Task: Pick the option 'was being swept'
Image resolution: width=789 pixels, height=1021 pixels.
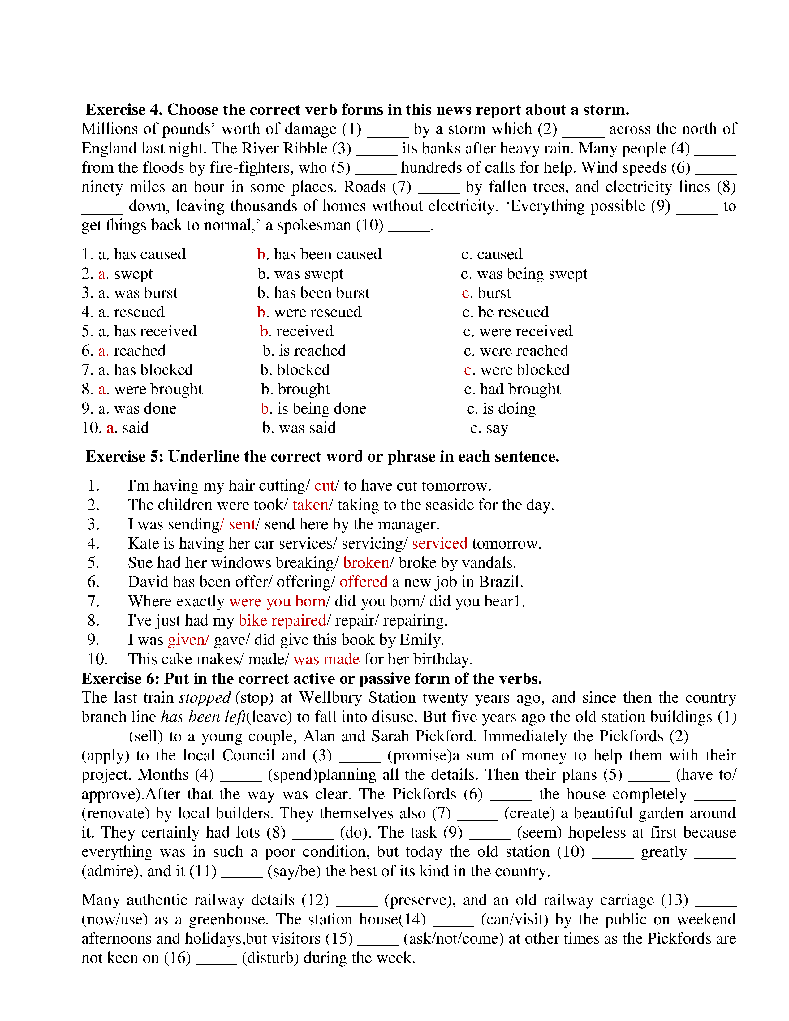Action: [532, 274]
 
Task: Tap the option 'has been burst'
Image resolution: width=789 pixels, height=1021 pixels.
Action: [321, 293]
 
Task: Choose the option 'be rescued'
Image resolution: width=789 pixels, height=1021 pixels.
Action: [513, 312]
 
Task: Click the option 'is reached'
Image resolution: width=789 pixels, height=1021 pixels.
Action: [312, 351]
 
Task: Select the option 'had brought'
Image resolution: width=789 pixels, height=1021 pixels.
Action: [520, 389]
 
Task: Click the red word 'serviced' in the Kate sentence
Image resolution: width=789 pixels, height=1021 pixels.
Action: [439, 543]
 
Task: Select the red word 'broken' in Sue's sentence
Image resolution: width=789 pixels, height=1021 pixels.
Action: [366, 562]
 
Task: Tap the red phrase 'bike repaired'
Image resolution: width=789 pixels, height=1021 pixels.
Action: [282, 620]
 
